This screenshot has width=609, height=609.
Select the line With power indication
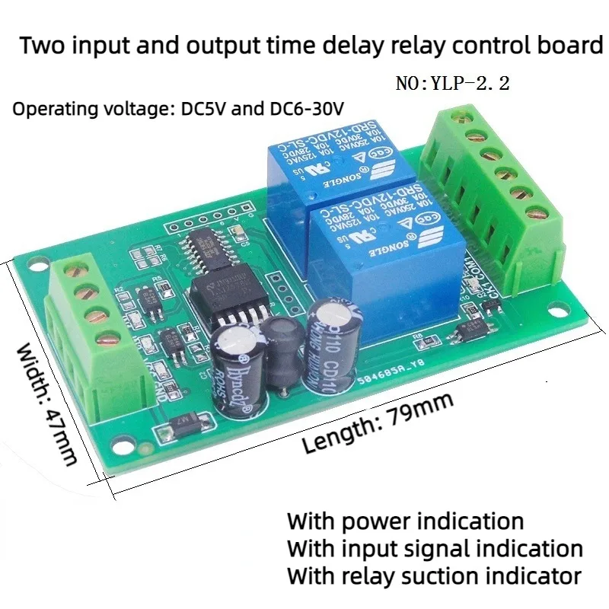click(x=405, y=521)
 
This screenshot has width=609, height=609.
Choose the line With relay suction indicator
click(x=434, y=575)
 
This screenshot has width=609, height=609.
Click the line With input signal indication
click(x=435, y=548)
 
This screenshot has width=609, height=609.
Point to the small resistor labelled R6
click(x=416, y=335)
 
